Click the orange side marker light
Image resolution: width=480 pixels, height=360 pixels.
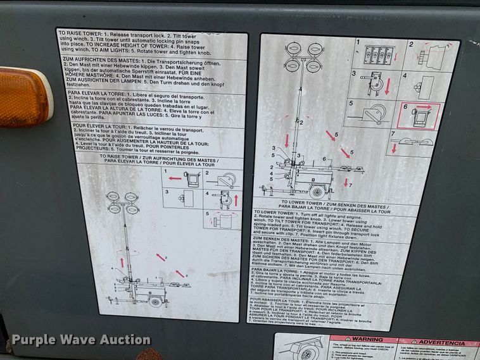23,96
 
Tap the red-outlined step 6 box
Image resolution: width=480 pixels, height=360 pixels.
419,116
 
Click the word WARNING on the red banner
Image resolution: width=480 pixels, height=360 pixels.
368,340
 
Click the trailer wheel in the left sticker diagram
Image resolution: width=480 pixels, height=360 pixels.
155,301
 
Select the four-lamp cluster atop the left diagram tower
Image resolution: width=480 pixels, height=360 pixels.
122,202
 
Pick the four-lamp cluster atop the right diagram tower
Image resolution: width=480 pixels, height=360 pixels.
304,56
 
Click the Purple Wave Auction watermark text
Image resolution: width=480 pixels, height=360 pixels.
81,340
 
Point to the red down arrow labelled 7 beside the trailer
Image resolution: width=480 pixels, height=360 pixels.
346,183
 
